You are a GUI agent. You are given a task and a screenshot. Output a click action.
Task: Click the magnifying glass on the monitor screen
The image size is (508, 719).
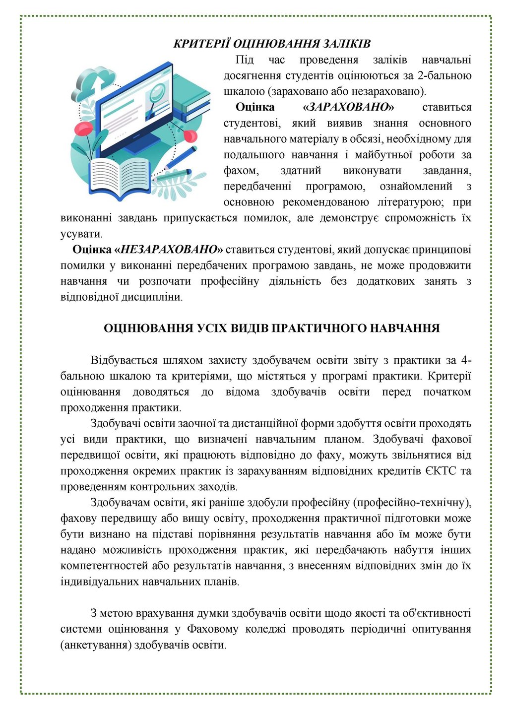tap(156, 94)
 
